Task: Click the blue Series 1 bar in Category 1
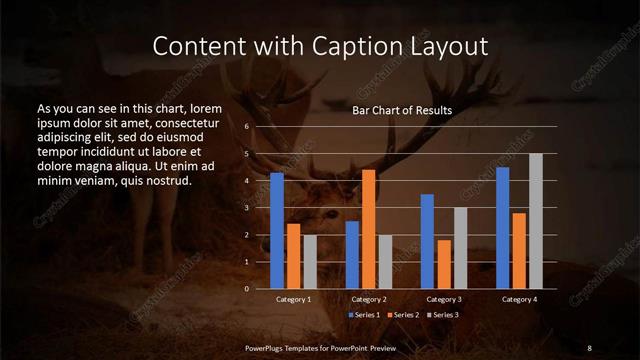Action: (277, 231)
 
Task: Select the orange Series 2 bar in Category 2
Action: (368, 229)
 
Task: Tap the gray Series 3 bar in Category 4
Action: (535, 221)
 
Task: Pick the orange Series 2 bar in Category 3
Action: (443, 264)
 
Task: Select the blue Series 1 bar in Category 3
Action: (427, 241)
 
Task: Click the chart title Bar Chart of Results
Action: (402, 110)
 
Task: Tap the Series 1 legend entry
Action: (363, 315)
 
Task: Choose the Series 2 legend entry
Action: (402, 315)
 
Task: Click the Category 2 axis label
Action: (368, 299)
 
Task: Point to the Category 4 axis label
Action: (519, 299)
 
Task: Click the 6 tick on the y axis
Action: (246, 127)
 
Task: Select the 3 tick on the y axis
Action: (246, 208)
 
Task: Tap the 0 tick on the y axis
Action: (246, 289)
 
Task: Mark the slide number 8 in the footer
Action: (589, 346)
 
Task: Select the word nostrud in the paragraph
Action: (165, 180)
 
